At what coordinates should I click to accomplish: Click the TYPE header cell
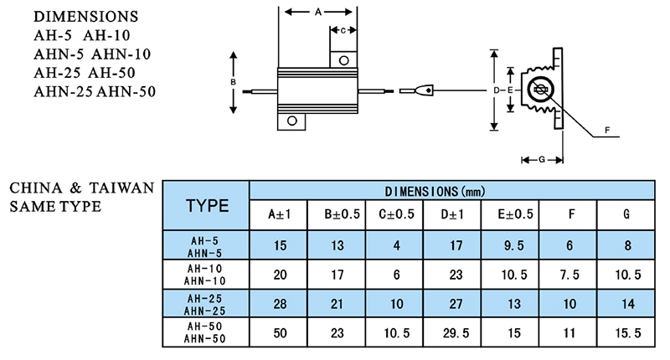point(206,205)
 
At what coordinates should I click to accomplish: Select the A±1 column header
point(279,214)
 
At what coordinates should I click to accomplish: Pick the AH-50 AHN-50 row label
point(206,332)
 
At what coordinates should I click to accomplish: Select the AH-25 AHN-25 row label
point(206,303)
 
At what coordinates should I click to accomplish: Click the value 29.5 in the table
point(456,332)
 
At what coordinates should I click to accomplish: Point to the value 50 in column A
point(279,332)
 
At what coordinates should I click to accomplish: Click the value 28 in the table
point(279,303)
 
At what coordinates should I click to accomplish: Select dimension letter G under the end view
point(542,159)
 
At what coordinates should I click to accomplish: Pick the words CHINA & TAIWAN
point(81,188)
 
